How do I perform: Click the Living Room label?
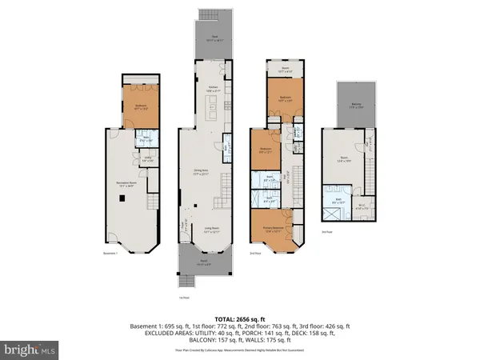pos(210,231)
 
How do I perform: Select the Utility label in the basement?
pos(148,158)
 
